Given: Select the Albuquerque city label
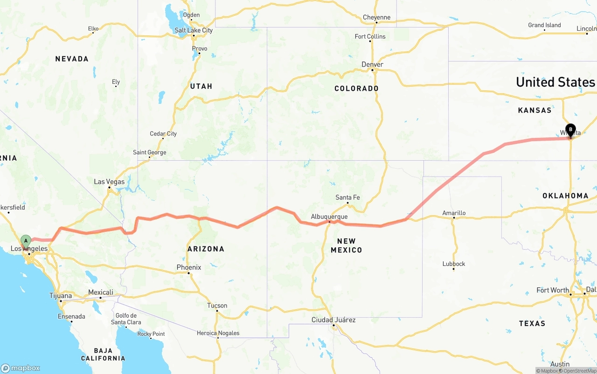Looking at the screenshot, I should click(x=329, y=217).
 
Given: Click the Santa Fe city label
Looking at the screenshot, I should click(x=347, y=197).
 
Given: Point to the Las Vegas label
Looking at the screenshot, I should click(x=109, y=182).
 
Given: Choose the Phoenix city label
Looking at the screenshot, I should click(x=189, y=267).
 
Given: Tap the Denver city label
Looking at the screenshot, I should click(x=372, y=64).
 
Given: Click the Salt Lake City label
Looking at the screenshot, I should click(x=194, y=30).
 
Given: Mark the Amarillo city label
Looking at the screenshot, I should click(x=454, y=213).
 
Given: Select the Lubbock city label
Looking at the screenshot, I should click(x=454, y=264).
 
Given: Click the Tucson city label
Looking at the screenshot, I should click(x=217, y=306).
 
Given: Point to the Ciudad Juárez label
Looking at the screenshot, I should click(x=333, y=320).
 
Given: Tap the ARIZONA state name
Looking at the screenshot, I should click(x=206, y=249).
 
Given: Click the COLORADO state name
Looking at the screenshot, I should click(x=356, y=88).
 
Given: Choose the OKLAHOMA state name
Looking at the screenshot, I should click(x=565, y=196).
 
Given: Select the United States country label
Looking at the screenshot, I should click(x=555, y=82).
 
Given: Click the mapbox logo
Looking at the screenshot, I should click(x=21, y=368).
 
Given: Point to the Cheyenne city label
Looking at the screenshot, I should click(x=376, y=18).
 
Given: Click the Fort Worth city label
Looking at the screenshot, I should click(x=553, y=290).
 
